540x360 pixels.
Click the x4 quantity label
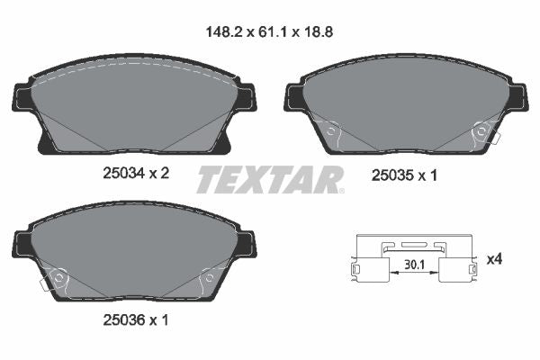(494, 259)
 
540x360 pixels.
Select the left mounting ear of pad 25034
(21, 97)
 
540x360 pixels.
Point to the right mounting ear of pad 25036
(245, 242)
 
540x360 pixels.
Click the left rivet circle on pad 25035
(331, 133)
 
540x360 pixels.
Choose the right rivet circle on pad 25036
(207, 278)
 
